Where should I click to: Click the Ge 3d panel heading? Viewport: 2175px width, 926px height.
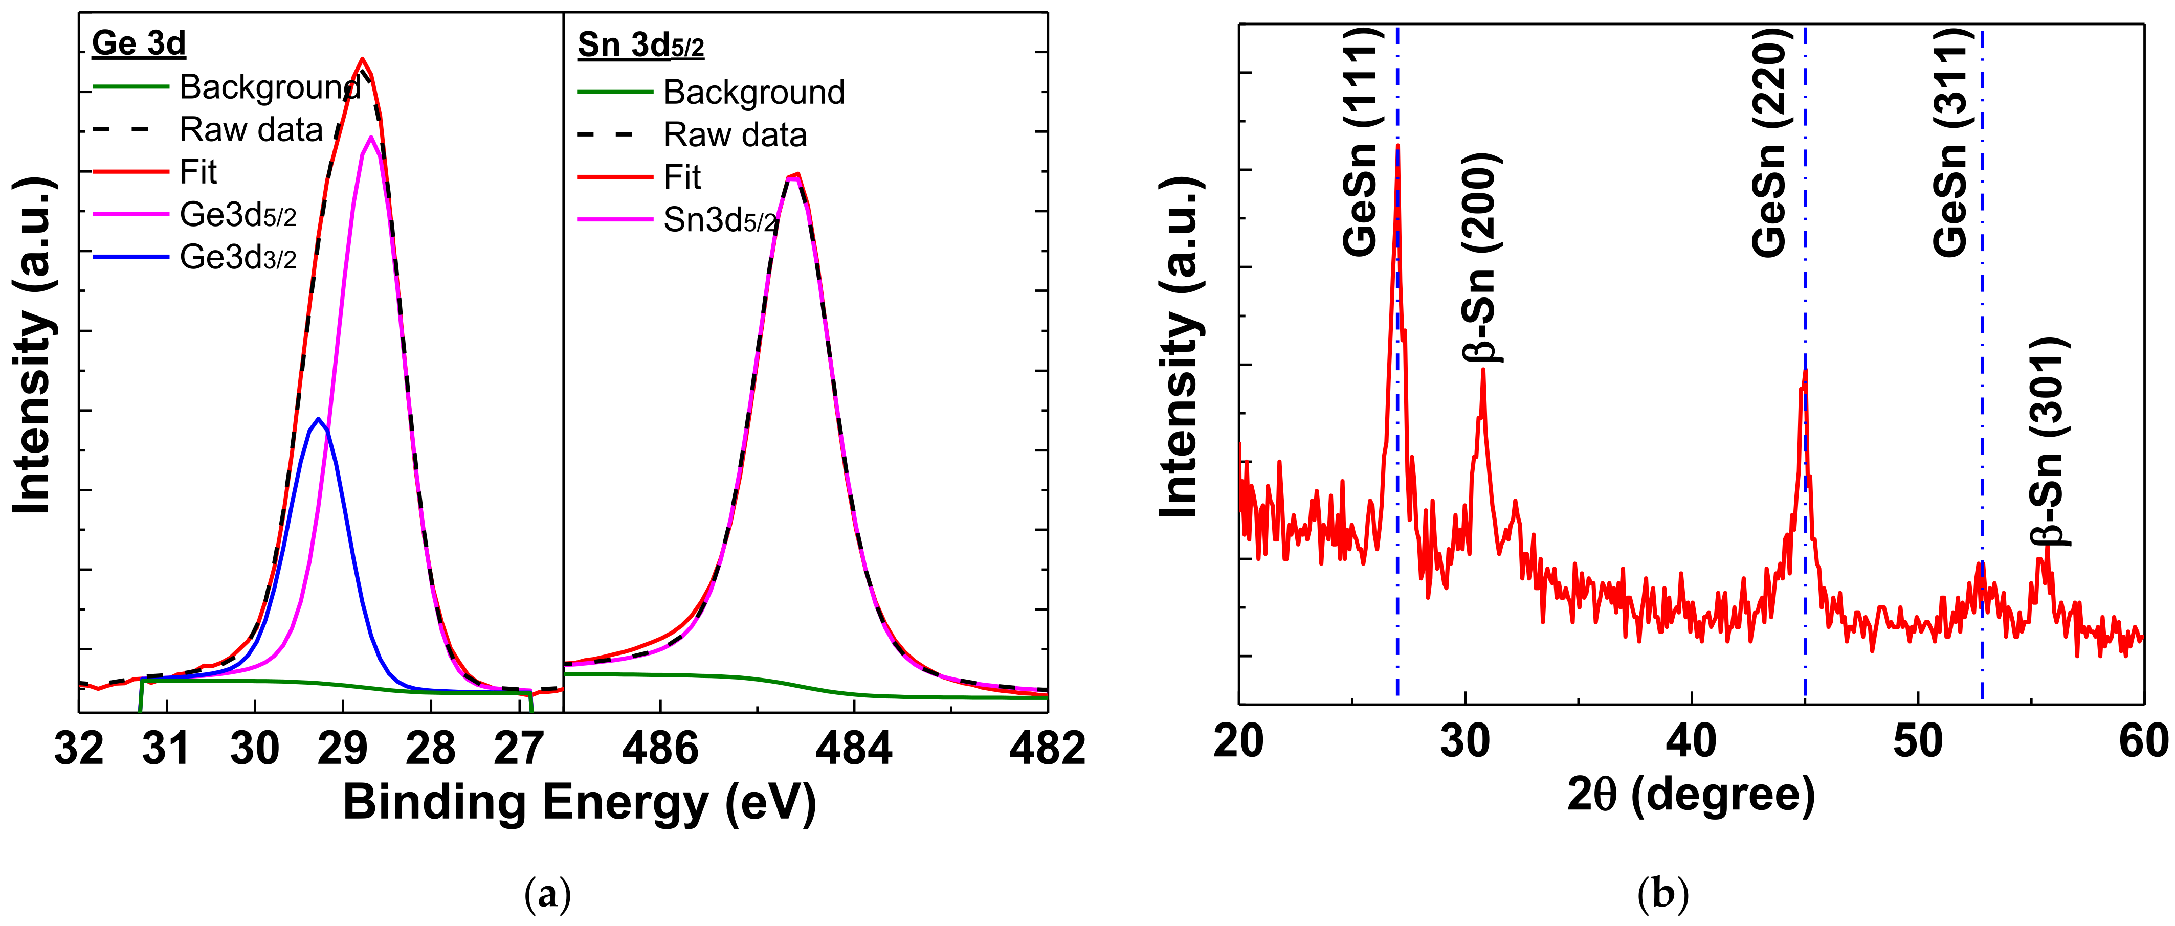139,43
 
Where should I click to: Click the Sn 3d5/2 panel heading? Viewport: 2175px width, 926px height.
640,44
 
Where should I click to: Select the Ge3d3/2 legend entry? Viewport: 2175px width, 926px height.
237,258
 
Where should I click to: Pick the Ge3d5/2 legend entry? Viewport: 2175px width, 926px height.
237,215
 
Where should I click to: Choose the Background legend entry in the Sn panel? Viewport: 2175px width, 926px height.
753,92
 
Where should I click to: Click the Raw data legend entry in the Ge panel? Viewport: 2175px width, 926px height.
251,130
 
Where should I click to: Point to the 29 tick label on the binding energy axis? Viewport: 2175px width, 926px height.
343,748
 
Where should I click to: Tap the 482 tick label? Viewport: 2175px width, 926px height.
1047,748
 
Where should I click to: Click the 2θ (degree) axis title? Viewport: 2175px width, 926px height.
1691,794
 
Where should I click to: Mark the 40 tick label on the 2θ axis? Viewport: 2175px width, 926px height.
1691,741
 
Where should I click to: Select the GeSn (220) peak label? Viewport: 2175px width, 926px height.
1770,141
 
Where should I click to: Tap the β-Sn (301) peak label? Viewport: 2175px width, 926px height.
2047,441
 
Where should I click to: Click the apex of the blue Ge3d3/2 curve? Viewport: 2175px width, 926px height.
318,419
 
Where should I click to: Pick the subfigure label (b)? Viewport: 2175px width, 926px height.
1662,893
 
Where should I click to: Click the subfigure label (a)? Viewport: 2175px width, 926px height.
547,893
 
